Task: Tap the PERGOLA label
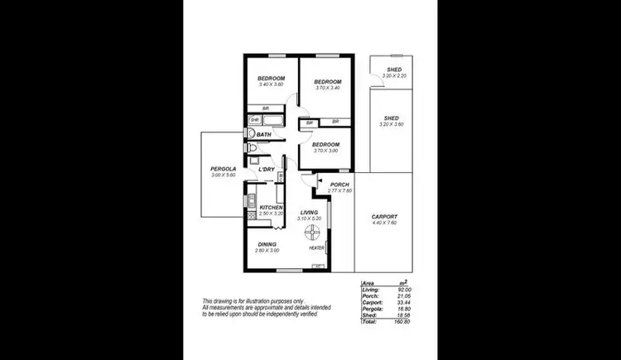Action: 224,169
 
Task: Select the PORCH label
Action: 339,185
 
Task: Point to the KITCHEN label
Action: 272,207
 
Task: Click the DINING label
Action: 267,244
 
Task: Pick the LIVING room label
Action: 310,213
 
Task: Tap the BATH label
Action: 264,134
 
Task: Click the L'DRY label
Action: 267,170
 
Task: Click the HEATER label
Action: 316,247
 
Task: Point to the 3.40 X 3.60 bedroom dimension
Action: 272,84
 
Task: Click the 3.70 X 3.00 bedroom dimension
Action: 327,151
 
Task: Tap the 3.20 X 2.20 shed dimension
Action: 394,76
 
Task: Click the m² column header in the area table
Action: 403,282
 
